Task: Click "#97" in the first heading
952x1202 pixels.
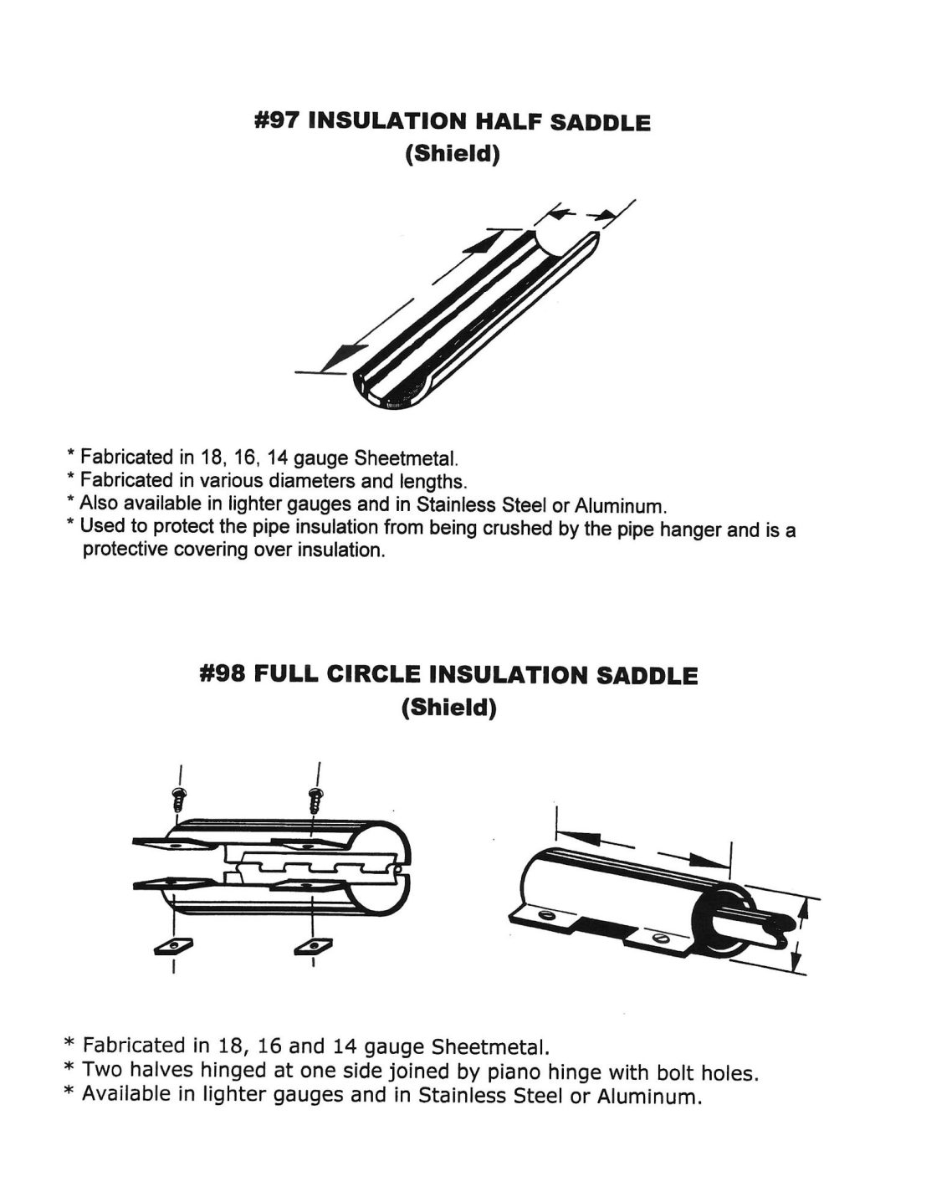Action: pyautogui.click(x=277, y=122)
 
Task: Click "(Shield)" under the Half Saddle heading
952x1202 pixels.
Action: pyautogui.click(x=452, y=156)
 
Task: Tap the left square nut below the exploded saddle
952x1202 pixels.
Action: pyautogui.click(x=174, y=944)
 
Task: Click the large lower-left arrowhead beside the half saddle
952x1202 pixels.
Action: pyautogui.click(x=338, y=358)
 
